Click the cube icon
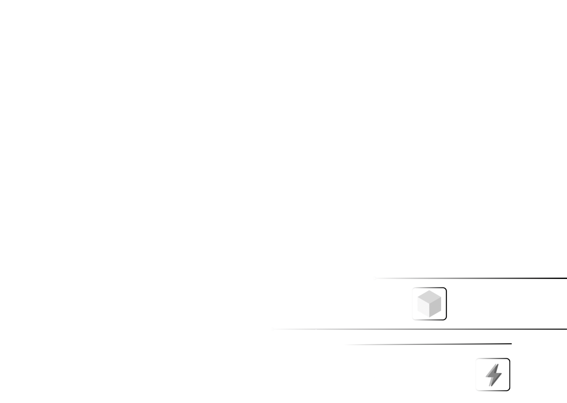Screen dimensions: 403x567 tap(429, 304)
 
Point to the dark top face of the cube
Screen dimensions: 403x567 tap(429, 296)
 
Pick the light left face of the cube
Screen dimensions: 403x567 tap(423, 307)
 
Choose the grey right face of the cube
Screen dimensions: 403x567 tap(435, 307)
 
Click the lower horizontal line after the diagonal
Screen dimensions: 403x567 tap(422, 344)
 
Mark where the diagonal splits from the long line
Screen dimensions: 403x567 tap(315, 329)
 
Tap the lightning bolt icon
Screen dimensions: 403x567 tap(493, 375)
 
